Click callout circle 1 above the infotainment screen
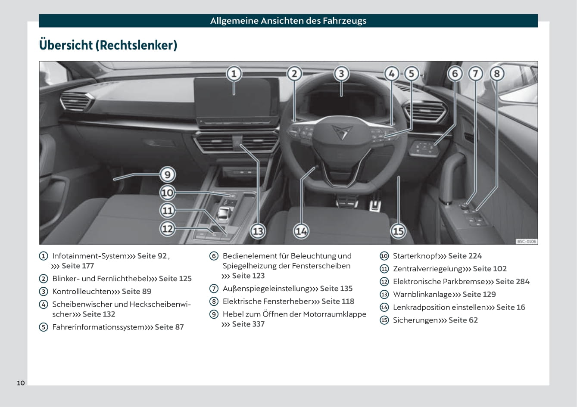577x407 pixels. click(x=234, y=74)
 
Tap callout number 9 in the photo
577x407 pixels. click(x=167, y=174)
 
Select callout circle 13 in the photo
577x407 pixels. click(x=258, y=231)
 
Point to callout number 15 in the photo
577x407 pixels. click(x=398, y=231)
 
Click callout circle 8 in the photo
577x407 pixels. click(x=496, y=74)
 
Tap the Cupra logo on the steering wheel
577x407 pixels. click(x=340, y=131)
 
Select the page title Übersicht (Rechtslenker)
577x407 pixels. click(x=108, y=45)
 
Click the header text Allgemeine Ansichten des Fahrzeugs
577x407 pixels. click(x=288, y=21)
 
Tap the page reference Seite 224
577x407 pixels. click(x=465, y=256)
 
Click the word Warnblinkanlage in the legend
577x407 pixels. click(x=422, y=295)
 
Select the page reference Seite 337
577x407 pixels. click(x=248, y=324)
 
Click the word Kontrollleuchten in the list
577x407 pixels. click(x=81, y=292)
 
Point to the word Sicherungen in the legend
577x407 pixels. click(x=415, y=320)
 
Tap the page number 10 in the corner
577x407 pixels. click(x=21, y=383)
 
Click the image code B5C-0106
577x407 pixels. click(x=526, y=242)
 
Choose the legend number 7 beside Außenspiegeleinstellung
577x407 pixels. click(x=214, y=289)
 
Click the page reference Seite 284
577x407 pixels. click(x=512, y=282)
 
